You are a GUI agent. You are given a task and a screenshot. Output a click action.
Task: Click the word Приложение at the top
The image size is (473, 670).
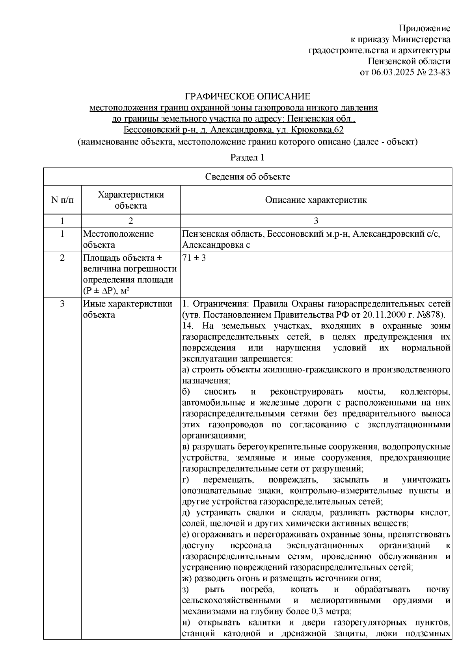(x=425, y=28)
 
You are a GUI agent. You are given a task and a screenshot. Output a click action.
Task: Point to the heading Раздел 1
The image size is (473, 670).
(x=247, y=157)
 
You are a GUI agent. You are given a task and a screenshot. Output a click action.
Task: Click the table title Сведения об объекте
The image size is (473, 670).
(x=247, y=177)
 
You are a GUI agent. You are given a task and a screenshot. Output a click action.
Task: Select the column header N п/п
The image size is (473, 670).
(x=62, y=200)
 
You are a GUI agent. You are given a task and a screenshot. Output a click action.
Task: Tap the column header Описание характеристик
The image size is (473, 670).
(x=316, y=200)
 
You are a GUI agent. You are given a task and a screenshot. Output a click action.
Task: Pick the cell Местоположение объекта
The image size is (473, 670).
(x=118, y=239)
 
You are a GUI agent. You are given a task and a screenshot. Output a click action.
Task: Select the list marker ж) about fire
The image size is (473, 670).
(x=186, y=578)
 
